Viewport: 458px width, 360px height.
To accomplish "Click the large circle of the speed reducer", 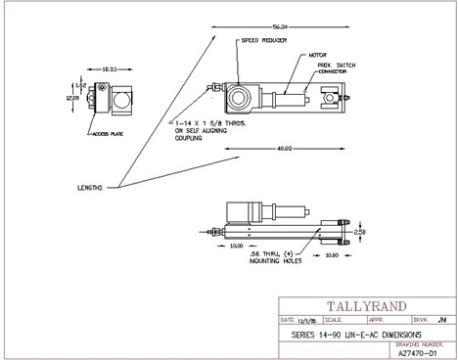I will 239,98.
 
